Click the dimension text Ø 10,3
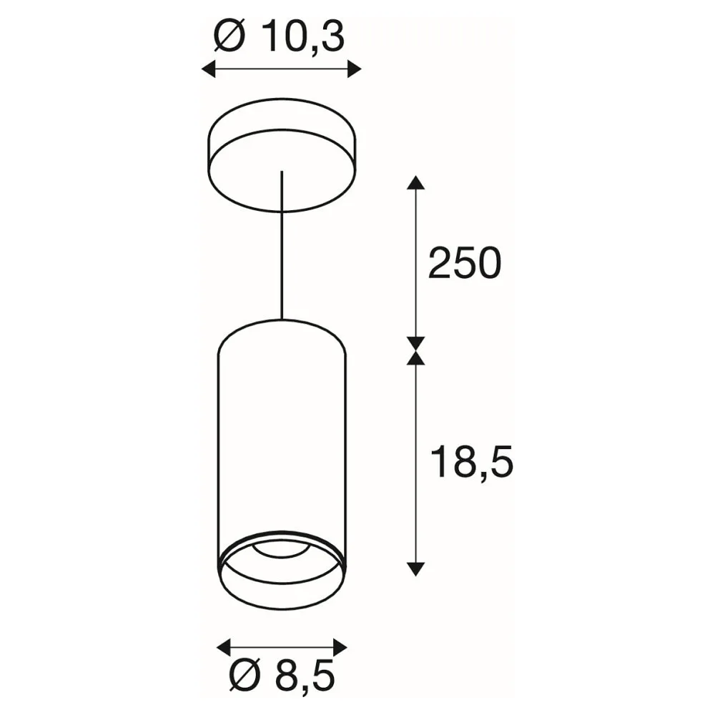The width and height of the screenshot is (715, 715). [x=279, y=36]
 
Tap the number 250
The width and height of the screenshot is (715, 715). [x=465, y=263]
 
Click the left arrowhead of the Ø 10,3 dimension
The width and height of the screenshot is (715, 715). [x=208, y=69]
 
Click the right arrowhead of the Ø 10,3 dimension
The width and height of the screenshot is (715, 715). [x=355, y=69]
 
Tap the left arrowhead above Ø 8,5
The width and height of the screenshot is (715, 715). [x=223, y=647]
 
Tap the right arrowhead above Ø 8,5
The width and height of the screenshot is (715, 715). [x=340, y=647]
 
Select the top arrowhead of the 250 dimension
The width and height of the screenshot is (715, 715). [x=415, y=182]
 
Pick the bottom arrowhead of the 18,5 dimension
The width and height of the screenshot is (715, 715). [x=415, y=569]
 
